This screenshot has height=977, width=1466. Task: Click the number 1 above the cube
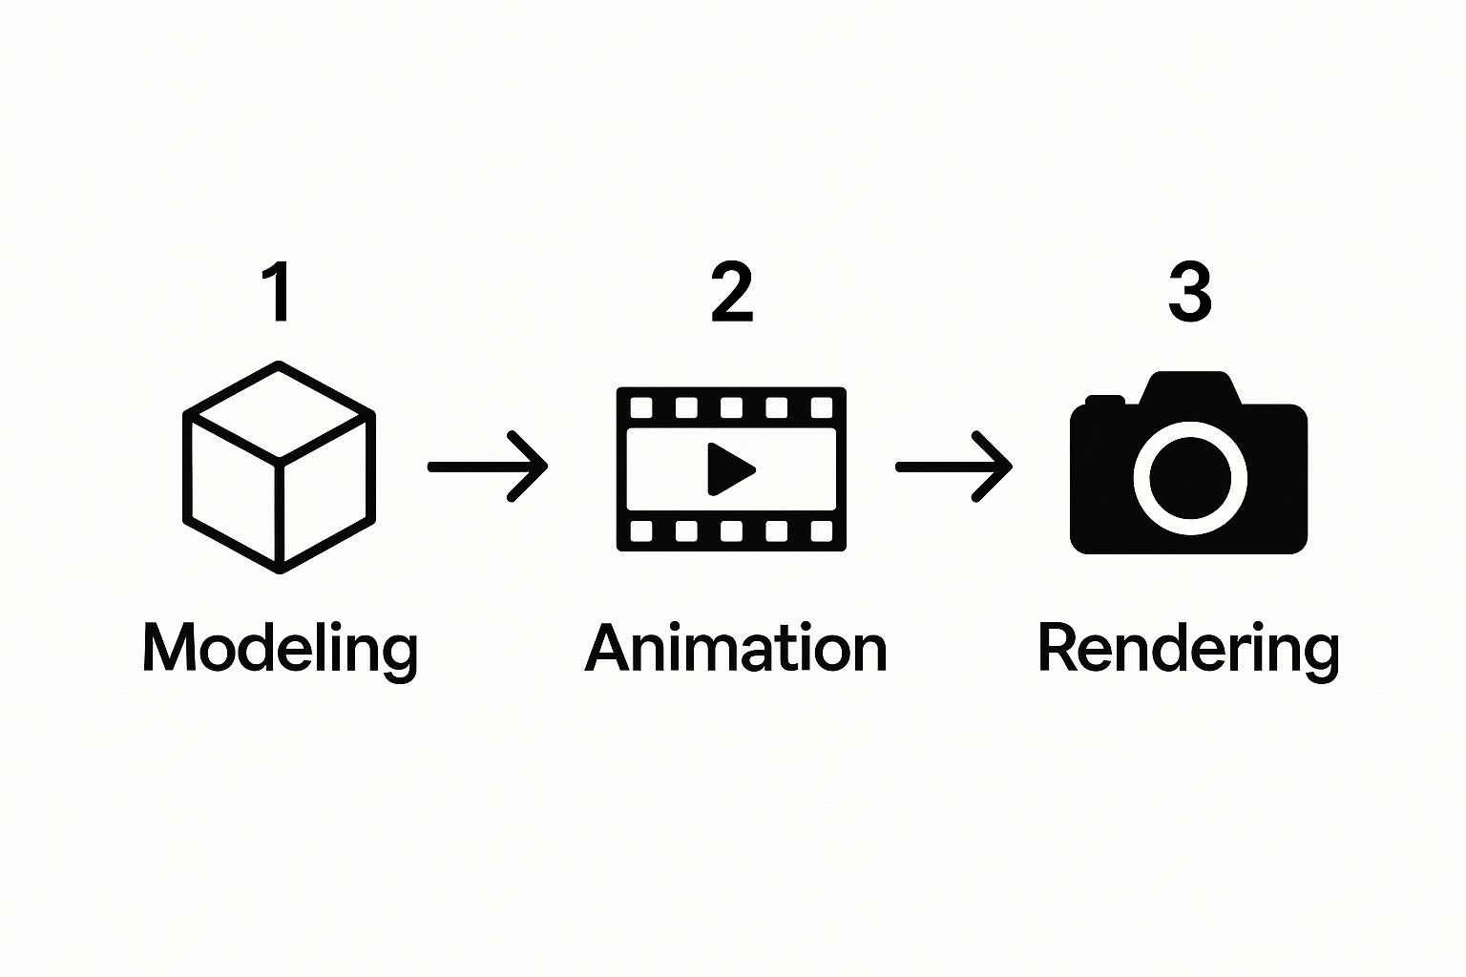pos(279,292)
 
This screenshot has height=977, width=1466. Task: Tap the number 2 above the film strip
pos(732,292)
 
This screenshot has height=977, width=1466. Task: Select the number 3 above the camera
pos(1190,292)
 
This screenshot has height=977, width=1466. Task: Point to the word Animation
pos(736,648)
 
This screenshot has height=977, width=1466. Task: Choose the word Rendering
pos(1188,651)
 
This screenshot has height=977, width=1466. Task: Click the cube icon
pos(279,468)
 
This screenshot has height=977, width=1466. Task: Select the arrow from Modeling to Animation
pos(488,467)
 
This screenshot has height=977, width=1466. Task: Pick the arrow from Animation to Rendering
pos(954,467)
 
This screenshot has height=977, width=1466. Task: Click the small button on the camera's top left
pos(1104,401)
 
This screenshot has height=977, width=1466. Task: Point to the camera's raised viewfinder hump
pos(1190,388)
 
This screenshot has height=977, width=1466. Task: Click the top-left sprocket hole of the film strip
pos(640,407)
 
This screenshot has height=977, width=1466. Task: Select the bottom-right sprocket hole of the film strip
pos(822,530)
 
